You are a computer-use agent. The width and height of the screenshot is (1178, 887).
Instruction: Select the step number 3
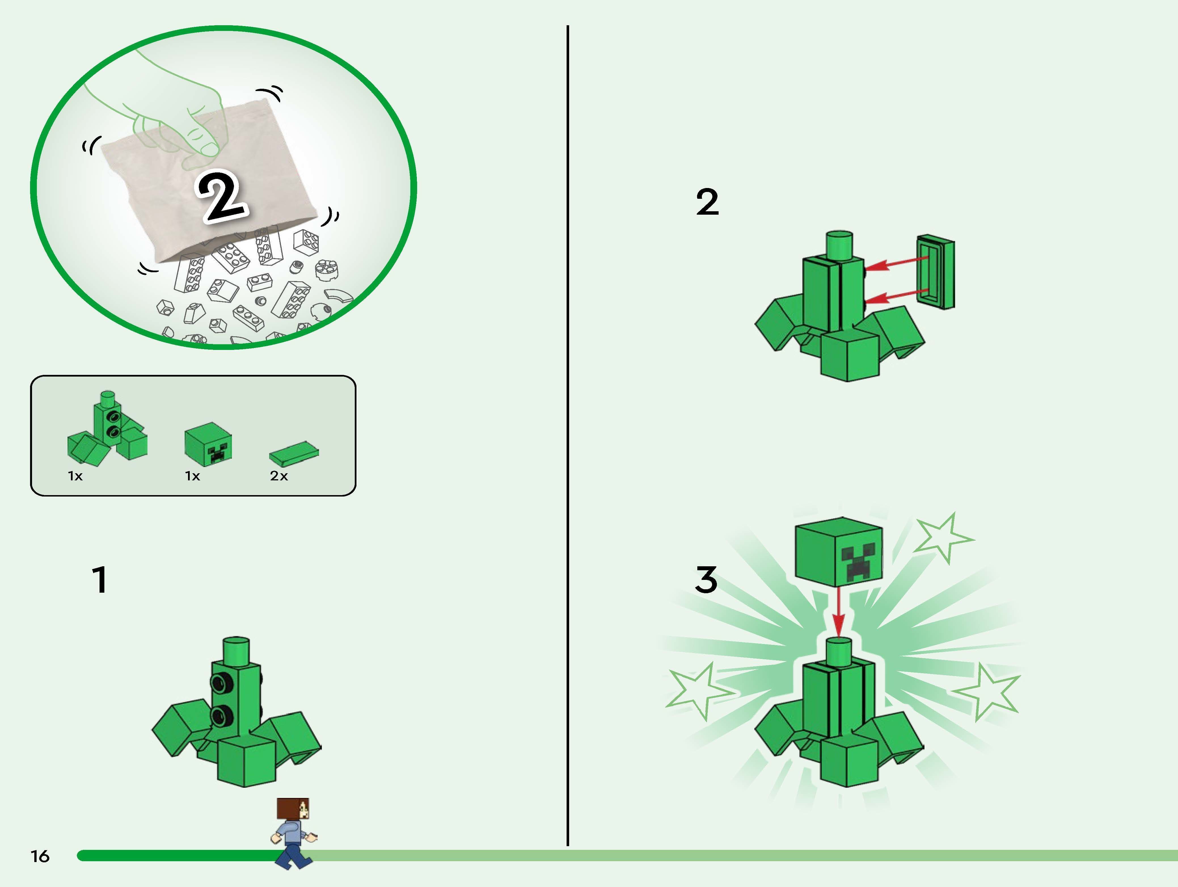pos(706,580)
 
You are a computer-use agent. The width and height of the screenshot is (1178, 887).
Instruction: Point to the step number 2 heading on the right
pos(707,202)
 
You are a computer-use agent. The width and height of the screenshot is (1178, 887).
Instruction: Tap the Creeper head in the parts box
pos(208,446)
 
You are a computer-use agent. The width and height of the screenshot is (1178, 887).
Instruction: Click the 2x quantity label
pos(278,476)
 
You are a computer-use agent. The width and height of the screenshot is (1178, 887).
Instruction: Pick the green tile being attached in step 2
pos(936,272)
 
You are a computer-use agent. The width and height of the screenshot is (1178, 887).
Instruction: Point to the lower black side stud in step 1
pos(220,716)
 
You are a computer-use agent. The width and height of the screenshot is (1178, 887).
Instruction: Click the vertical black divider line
pos(568,426)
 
